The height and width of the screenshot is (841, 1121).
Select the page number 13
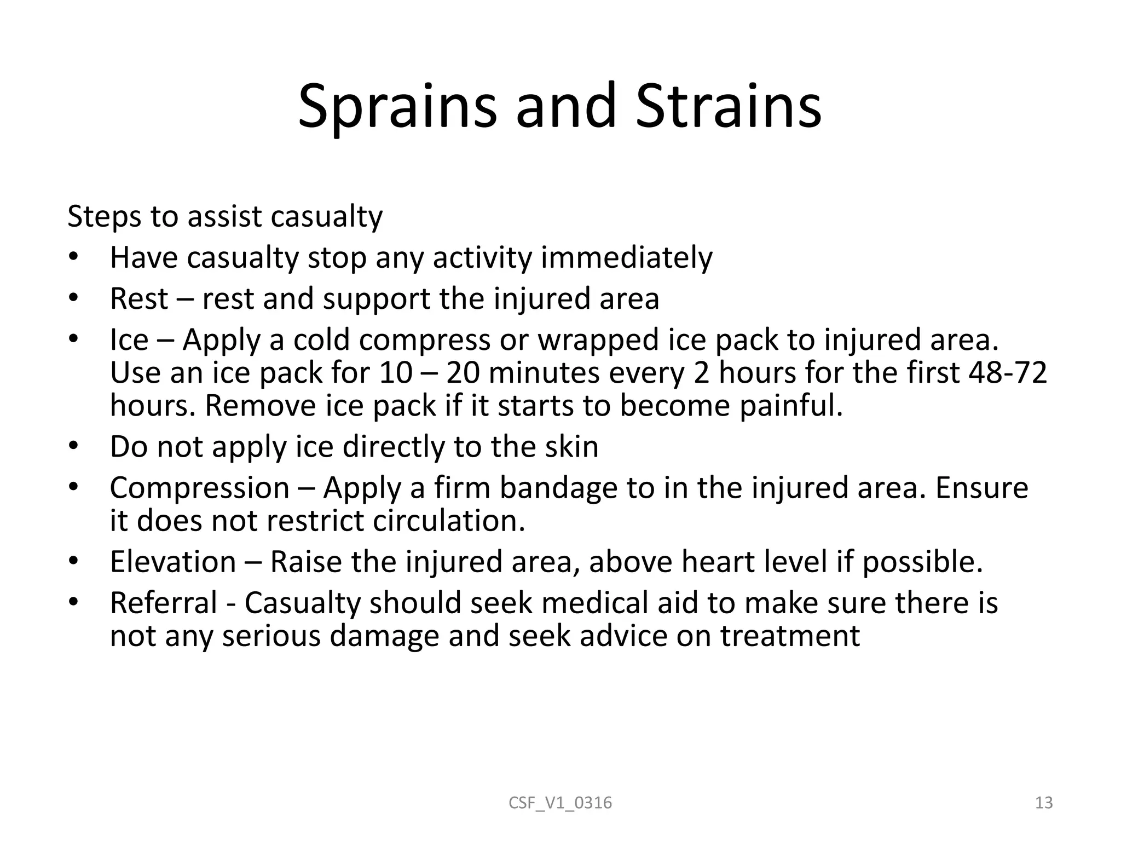1044,803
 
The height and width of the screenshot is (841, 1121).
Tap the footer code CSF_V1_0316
560,803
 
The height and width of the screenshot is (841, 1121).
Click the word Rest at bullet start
139,299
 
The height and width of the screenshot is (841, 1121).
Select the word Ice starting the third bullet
129,339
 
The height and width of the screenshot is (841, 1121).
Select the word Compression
200,488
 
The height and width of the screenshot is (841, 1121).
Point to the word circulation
449,521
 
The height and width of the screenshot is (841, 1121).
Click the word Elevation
173,562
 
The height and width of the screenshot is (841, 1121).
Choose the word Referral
164,603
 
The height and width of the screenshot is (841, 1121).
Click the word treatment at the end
790,636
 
